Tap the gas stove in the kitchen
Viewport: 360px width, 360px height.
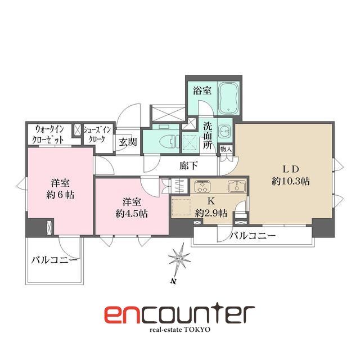(201, 186)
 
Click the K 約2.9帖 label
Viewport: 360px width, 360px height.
(211, 208)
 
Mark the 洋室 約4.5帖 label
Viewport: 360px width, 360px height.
(132, 208)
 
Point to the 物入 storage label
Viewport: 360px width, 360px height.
(225, 149)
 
